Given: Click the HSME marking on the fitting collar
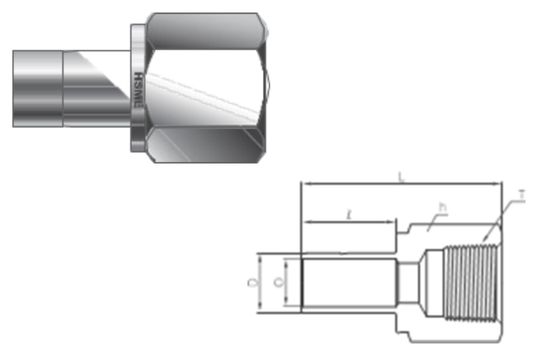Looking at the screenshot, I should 137,84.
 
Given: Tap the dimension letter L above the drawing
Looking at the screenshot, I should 400,176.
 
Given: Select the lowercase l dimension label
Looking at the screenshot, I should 347,214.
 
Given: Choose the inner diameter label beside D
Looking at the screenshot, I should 289,283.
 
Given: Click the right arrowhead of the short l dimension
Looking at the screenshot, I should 396,222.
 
